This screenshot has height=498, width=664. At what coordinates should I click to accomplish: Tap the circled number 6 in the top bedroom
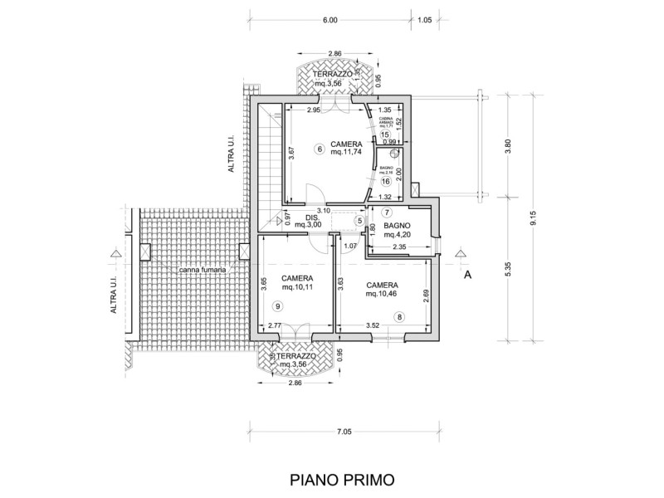319,149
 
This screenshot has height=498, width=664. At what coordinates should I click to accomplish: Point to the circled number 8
399,316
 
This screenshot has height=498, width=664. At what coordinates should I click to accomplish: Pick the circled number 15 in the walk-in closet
384,134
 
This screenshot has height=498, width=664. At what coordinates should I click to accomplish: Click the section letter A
467,275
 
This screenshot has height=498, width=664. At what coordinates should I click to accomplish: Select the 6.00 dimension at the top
330,19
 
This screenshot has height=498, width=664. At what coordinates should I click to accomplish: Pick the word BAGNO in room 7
408,225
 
